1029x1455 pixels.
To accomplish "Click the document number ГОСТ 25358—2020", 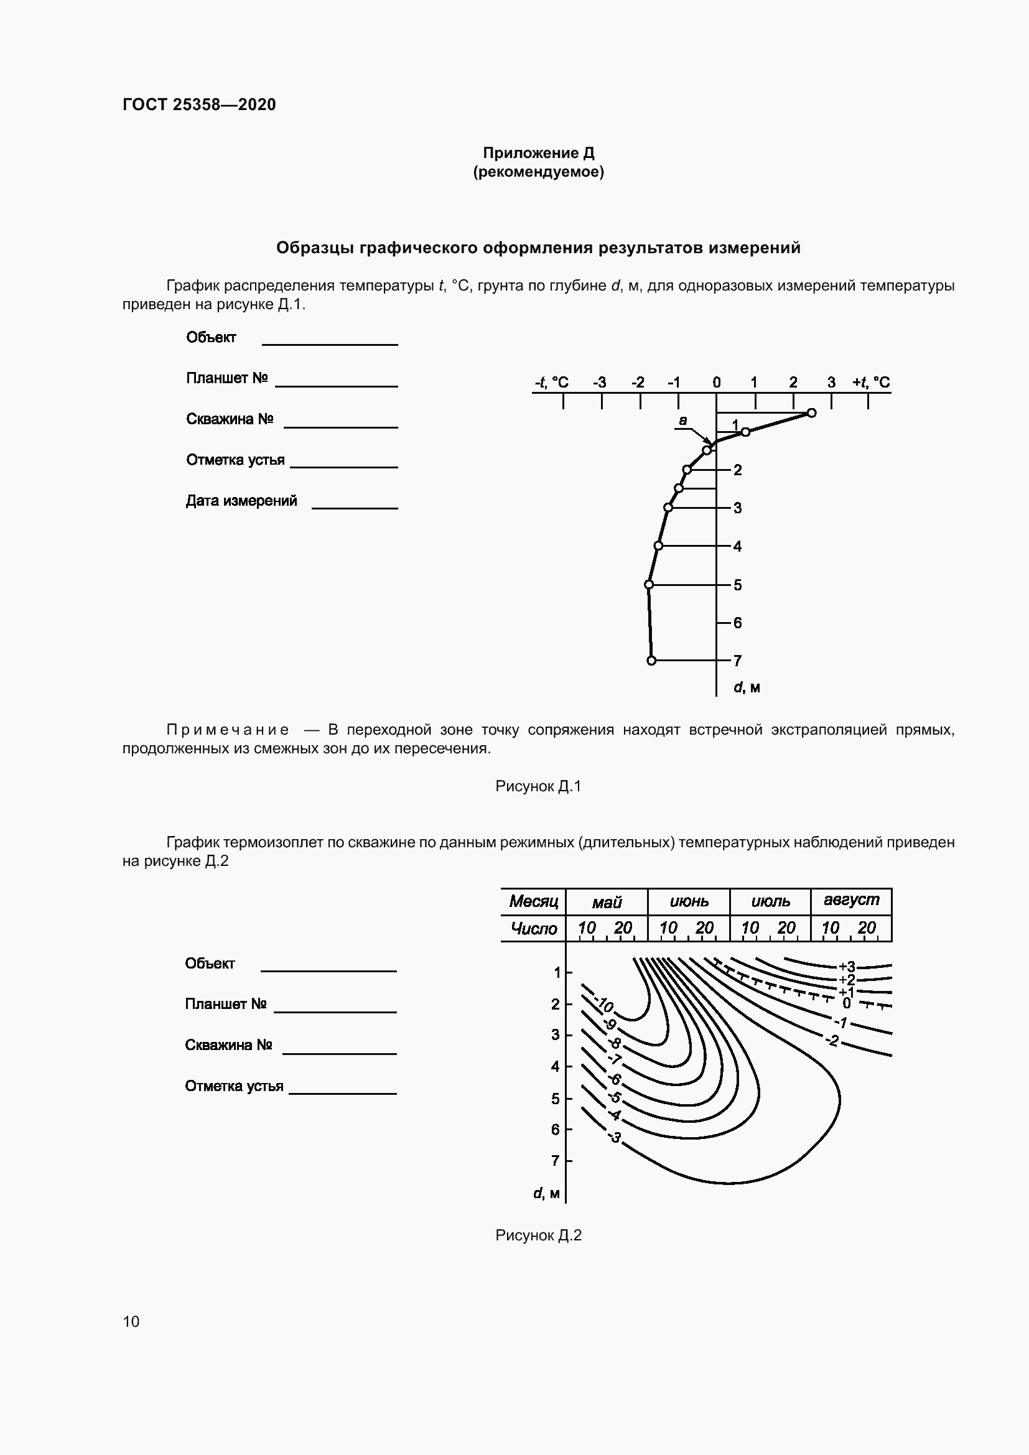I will coord(199,105).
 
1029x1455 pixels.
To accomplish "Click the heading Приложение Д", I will coord(538,153).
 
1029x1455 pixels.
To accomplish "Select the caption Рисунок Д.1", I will coord(538,786).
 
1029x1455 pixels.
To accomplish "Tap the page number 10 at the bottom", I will coord(131,1321).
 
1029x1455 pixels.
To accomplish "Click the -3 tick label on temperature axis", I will coord(598,382).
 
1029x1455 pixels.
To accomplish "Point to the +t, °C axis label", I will coord(870,382).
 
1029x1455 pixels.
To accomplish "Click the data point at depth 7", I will coord(651,661).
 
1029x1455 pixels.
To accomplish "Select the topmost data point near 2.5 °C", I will coord(812,413).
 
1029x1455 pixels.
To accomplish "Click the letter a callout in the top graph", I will coord(682,420).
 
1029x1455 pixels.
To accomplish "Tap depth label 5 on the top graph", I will coord(738,585).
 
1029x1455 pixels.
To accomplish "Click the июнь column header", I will coord(689,901).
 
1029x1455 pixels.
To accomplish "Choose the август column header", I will coord(851,900).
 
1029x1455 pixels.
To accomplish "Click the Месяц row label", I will coord(534,901).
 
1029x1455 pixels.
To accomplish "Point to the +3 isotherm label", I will coord(847,967).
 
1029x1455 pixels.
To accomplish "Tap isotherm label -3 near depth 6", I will coord(614,1137).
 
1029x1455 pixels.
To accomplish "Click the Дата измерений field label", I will coord(241,501).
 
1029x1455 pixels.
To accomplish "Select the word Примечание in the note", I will coord(228,730).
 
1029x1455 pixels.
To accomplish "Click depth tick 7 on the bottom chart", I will coord(556,1160).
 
